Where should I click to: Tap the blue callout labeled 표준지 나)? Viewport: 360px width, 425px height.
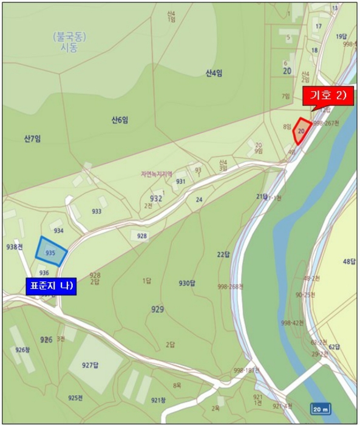click(51, 286)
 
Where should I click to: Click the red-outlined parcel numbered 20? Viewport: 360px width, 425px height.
click(302, 130)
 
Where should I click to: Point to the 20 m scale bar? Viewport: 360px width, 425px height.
click(320, 408)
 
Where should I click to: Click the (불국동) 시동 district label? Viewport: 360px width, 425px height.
click(69, 41)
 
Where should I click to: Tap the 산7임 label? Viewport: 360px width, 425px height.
click(32, 139)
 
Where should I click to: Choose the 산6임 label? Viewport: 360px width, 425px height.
click(120, 120)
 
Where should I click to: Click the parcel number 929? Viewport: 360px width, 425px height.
click(158, 309)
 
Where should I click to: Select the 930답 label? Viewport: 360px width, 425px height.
click(187, 284)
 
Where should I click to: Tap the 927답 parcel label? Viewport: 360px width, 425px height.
click(90, 364)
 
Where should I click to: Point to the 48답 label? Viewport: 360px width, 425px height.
click(348, 262)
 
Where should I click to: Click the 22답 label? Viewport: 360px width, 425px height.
click(223, 254)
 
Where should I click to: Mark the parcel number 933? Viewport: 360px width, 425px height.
click(97, 211)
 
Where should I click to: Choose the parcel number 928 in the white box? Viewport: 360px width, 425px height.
click(141, 236)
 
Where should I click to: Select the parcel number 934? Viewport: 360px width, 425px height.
click(59, 231)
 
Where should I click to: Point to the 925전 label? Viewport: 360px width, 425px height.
click(75, 398)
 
